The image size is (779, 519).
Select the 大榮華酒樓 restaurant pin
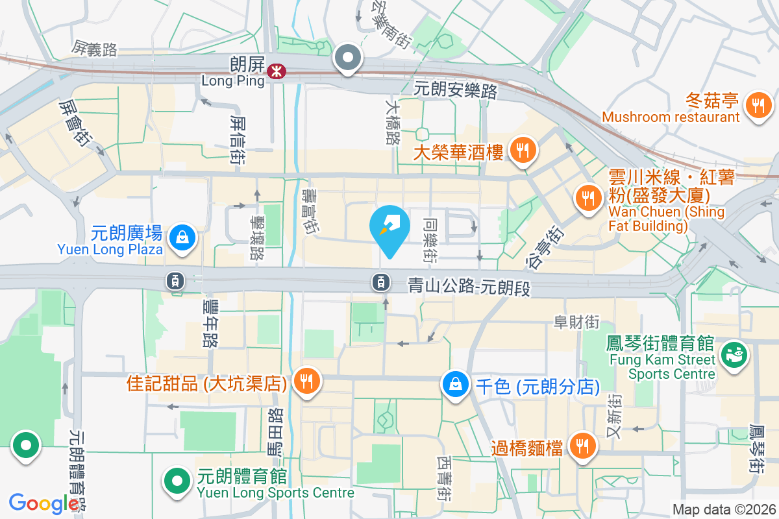click(521, 151)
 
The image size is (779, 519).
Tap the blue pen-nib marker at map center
click(389, 229)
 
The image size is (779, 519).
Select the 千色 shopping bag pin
click(456, 384)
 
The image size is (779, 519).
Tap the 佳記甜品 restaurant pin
click(305, 381)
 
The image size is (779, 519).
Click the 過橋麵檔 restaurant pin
click(582, 446)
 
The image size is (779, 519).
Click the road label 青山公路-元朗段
click(469, 286)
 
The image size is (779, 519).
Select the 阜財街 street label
click(576, 321)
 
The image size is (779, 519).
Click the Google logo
click(43, 503)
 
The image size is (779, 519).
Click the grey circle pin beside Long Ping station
click(349, 58)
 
